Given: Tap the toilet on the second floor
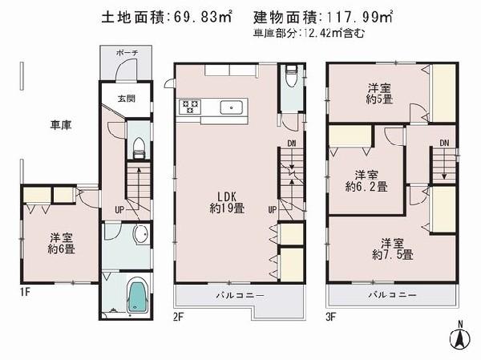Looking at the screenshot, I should coord(292,80).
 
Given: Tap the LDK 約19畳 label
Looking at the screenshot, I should coord(228,201).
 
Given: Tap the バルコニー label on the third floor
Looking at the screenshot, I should coord(392,295).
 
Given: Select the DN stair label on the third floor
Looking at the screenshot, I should coord(443,143).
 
